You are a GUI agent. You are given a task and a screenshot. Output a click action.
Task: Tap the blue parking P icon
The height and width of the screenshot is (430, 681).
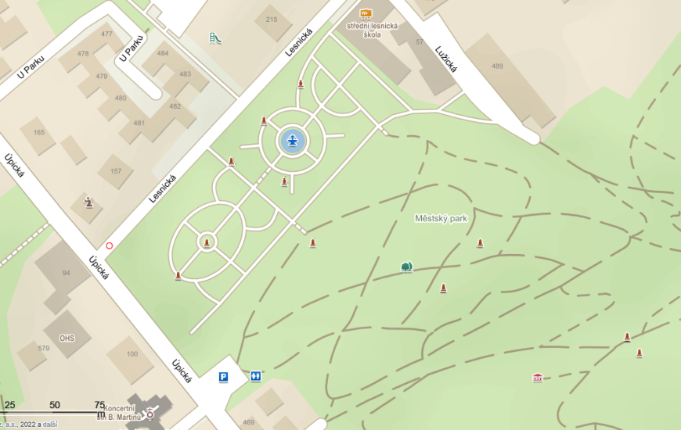224,377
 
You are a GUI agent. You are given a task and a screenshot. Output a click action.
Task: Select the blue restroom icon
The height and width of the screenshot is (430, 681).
256,377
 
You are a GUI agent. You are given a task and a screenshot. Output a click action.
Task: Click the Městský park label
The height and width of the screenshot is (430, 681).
441,219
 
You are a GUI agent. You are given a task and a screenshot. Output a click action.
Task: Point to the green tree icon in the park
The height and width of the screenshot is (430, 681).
406,267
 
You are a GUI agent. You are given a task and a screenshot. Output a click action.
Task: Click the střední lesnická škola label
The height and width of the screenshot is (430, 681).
373,30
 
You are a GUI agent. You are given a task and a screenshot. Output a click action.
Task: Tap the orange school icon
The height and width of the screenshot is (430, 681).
366,13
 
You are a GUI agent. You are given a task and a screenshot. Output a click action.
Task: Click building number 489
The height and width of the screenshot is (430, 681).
497,66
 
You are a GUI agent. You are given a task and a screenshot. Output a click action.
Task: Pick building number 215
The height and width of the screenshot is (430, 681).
272,20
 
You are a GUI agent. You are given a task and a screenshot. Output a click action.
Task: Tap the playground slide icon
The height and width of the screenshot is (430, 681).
215,37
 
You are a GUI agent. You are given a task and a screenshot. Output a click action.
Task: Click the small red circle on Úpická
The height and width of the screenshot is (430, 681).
109,245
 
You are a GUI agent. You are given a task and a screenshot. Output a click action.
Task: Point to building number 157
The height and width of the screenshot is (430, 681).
116,171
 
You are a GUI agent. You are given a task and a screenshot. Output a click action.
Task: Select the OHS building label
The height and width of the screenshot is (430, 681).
67,317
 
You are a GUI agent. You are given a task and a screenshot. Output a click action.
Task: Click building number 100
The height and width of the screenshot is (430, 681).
132,354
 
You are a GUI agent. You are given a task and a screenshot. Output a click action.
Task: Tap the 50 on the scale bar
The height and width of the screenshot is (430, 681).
54,405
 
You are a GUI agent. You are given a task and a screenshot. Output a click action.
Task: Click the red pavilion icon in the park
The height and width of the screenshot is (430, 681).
538,378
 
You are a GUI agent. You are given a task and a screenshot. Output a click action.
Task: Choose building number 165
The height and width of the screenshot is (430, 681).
39,132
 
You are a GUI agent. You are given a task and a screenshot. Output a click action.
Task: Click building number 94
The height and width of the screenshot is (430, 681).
66,273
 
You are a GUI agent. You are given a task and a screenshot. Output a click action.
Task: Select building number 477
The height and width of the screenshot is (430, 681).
106,34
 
